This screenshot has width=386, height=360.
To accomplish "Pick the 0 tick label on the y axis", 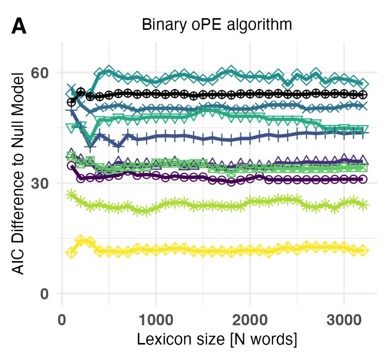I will click(45, 293).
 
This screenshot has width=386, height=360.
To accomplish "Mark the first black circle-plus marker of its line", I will click(72, 102).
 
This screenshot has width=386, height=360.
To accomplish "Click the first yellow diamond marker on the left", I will click(72, 252).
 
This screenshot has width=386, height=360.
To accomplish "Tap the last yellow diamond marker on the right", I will click(363, 251).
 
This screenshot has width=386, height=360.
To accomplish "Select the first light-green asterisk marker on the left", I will click(72, 194).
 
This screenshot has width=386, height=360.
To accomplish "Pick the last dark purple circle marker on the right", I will click(363, 179).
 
